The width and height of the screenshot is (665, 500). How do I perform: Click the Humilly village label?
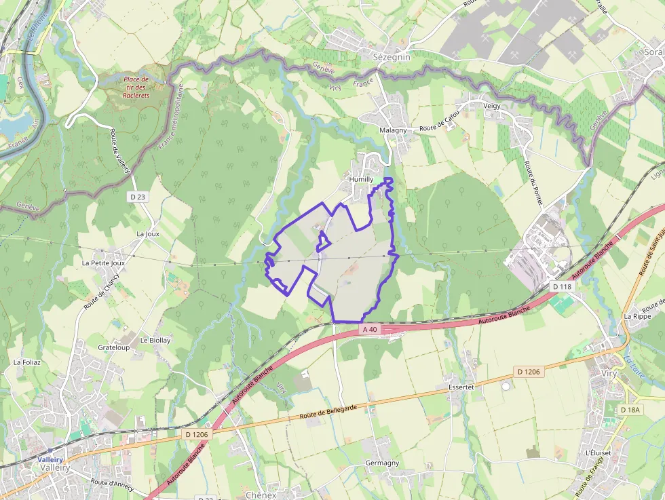coord(361,179)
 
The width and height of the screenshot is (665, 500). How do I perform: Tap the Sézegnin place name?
coord(392,58)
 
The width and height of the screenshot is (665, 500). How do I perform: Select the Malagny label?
coord(393,130)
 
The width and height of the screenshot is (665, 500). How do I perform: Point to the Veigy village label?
coord(491,106)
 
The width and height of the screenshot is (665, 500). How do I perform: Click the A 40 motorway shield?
coord(370,329)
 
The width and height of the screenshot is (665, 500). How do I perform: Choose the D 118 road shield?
coord(563,287)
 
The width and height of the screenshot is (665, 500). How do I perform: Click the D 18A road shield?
coord(630,410)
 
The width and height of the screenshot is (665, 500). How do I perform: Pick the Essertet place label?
coord(461,386)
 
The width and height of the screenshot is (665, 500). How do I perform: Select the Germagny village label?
coord(382,463)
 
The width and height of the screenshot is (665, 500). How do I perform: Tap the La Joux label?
coord(148,233)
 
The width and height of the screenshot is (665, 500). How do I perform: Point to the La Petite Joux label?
coord(103,263)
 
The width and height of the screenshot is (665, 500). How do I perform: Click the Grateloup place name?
coord(113,347)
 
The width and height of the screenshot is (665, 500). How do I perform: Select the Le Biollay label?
coord(155,340)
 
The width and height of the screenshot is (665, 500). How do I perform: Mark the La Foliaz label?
coord(27,362)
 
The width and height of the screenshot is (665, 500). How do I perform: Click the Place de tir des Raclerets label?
coord(136,88)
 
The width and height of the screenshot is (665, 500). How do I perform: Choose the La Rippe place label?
coord(637,316)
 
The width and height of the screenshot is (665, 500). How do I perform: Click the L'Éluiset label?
coord(598,453)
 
